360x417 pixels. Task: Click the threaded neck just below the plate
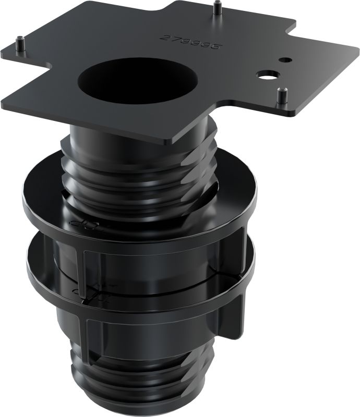(x=136, y=162)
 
